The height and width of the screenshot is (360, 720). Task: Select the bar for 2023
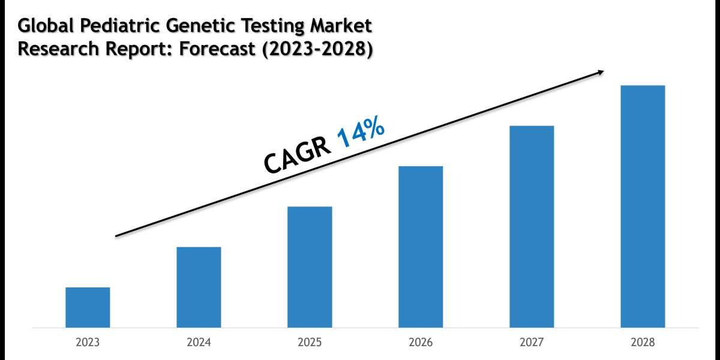(88, 307)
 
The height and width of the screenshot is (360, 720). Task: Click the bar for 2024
(199, 287)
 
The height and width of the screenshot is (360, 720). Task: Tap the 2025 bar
(310, 267)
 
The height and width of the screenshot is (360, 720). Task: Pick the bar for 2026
(421, 247)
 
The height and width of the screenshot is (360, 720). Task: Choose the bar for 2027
(532, 226)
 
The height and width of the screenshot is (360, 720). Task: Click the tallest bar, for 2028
(643, 206)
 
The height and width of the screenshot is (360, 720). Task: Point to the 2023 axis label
(88, 343)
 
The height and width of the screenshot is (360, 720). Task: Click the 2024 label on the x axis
(199, 343)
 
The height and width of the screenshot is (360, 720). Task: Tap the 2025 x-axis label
(310, 343)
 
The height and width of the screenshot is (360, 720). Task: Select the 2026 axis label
(421, 343)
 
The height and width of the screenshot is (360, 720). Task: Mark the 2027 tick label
(532, 343)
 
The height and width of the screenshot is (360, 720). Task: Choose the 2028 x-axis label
(643, 343)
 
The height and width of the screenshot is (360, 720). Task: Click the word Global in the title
(44, 26)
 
